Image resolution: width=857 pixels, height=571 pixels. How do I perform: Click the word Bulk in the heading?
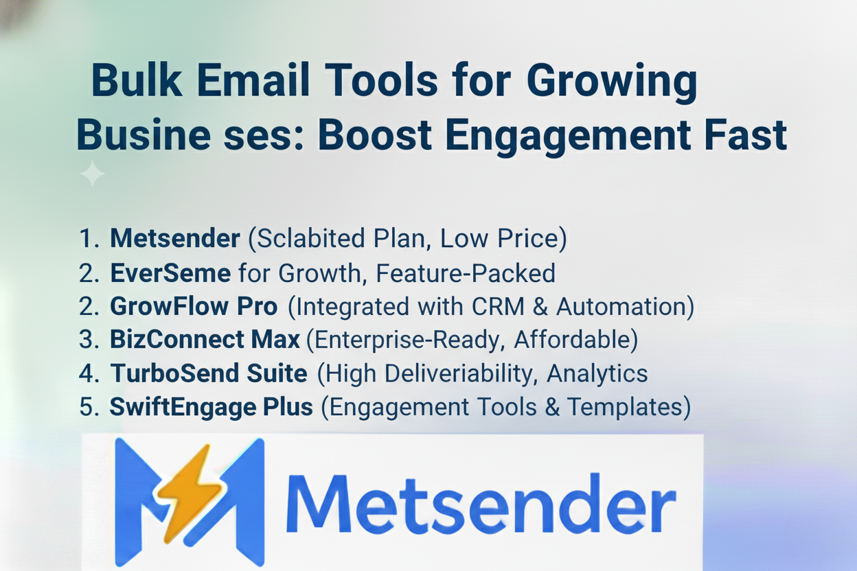[x=137, y=81]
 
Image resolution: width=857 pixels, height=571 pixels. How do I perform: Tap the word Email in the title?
[x=253, y=81]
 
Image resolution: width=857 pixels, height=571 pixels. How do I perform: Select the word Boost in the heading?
[x=376, y=135]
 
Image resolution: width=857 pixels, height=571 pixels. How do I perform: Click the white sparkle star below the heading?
[x=92, y=174]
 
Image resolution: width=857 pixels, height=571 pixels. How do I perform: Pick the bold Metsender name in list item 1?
[x=175, y=238]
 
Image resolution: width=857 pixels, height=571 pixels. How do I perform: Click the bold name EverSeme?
[x=170, y=272]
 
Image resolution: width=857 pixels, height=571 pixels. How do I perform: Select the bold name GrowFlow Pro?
[x=194, y=306]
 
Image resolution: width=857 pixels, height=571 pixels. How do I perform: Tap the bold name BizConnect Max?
[x=205, y=339]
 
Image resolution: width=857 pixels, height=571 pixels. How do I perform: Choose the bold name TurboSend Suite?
[x=209, y=373]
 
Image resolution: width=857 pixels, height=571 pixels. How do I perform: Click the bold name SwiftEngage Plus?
[x=212, y=406]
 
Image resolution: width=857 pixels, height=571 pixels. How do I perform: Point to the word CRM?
[x=498, y=306]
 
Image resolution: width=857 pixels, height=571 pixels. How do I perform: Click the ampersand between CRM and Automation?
[x=540, y=306]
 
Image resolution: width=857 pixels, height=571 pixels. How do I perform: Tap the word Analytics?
[x=597, y=373]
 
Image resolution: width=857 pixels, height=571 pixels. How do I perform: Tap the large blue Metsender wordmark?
[x=481, y=504]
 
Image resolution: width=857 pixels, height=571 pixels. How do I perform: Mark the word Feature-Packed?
[x=465, y=272]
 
